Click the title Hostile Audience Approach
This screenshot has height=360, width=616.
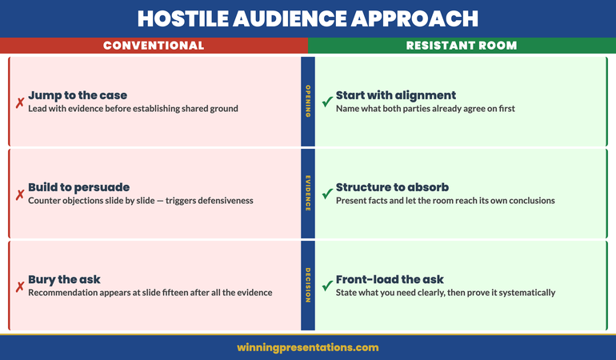click(x=308, y=18)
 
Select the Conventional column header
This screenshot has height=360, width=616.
click(x=154, y=46)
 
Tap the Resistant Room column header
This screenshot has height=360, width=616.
click(x=462, y=46)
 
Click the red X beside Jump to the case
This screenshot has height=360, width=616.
click(x=19, y=102)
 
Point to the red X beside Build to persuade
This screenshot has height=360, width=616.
click(x=19, y=194)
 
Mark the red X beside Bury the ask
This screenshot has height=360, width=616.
click(x=19, y=286)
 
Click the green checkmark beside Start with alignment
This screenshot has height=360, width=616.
click(x=326, y=102)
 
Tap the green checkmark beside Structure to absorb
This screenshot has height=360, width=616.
click(x=326, y=194)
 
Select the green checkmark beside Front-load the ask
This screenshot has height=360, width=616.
click(x=326, y=286)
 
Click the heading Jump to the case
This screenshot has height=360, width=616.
click(x=78, y=96)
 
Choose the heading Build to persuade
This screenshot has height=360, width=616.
click(x=78, y=187)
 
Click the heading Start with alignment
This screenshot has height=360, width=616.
click(x=396, y=96)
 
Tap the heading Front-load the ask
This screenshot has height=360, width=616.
click(x=390, y=279)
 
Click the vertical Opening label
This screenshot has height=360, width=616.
click(x=308, y=102)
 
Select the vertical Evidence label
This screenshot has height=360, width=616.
click(x=308, y=194)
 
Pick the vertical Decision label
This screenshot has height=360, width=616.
click(x=308, y=286)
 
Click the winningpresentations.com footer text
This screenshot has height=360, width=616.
click(x=308, y=348)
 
